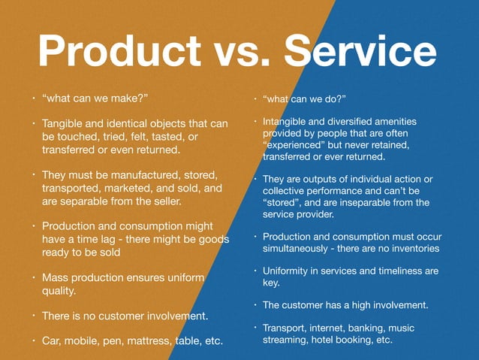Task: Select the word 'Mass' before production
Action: (x=56, y=277)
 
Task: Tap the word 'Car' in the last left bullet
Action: (x=53, y=340)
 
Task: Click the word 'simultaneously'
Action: (x=300, y=248)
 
